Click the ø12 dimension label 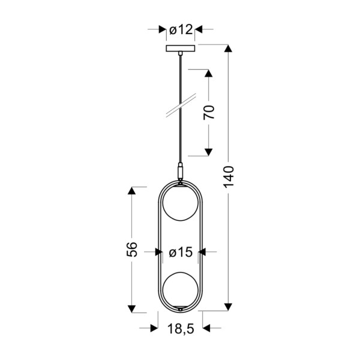point(180,29)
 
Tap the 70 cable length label point(209,112)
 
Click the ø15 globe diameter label point(180,253)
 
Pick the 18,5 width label point(180,328)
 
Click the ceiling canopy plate point(180,48)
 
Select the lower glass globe point(180,289)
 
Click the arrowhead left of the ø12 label point(162,29)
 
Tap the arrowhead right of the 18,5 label point(207,328)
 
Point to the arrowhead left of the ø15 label point(158,253)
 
